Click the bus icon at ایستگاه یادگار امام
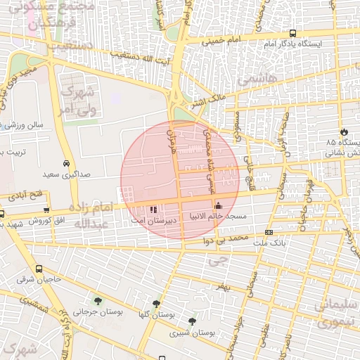point(292,33)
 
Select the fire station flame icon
point(344,131)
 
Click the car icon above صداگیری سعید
point(66,162)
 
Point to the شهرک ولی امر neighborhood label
point(75,99)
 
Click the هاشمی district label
point(255,81)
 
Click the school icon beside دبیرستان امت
point(154,209)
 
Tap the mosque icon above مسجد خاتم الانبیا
point(218,206)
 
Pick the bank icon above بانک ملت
point(269,233)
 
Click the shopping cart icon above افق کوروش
point(46,210)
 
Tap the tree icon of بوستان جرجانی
point(97,300)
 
